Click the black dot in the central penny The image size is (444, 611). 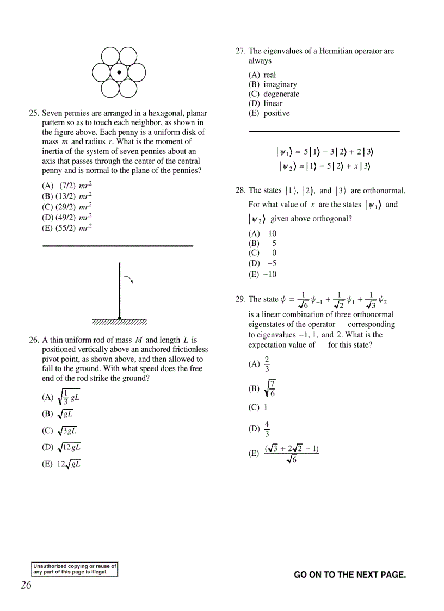[x=119, y=72]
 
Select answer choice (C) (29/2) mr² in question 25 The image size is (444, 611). [x=67, y=207]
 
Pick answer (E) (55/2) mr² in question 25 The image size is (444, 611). [x=67, y=228]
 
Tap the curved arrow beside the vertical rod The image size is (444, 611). [x=128, y=280]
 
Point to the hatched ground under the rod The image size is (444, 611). [x=119, y=321]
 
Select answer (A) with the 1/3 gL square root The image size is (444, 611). [x=61, y=397]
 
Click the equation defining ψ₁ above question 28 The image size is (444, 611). [x=324, y=152]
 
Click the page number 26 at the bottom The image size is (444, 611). [x=26, y=585]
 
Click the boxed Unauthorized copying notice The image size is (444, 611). [x=75, y=569]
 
